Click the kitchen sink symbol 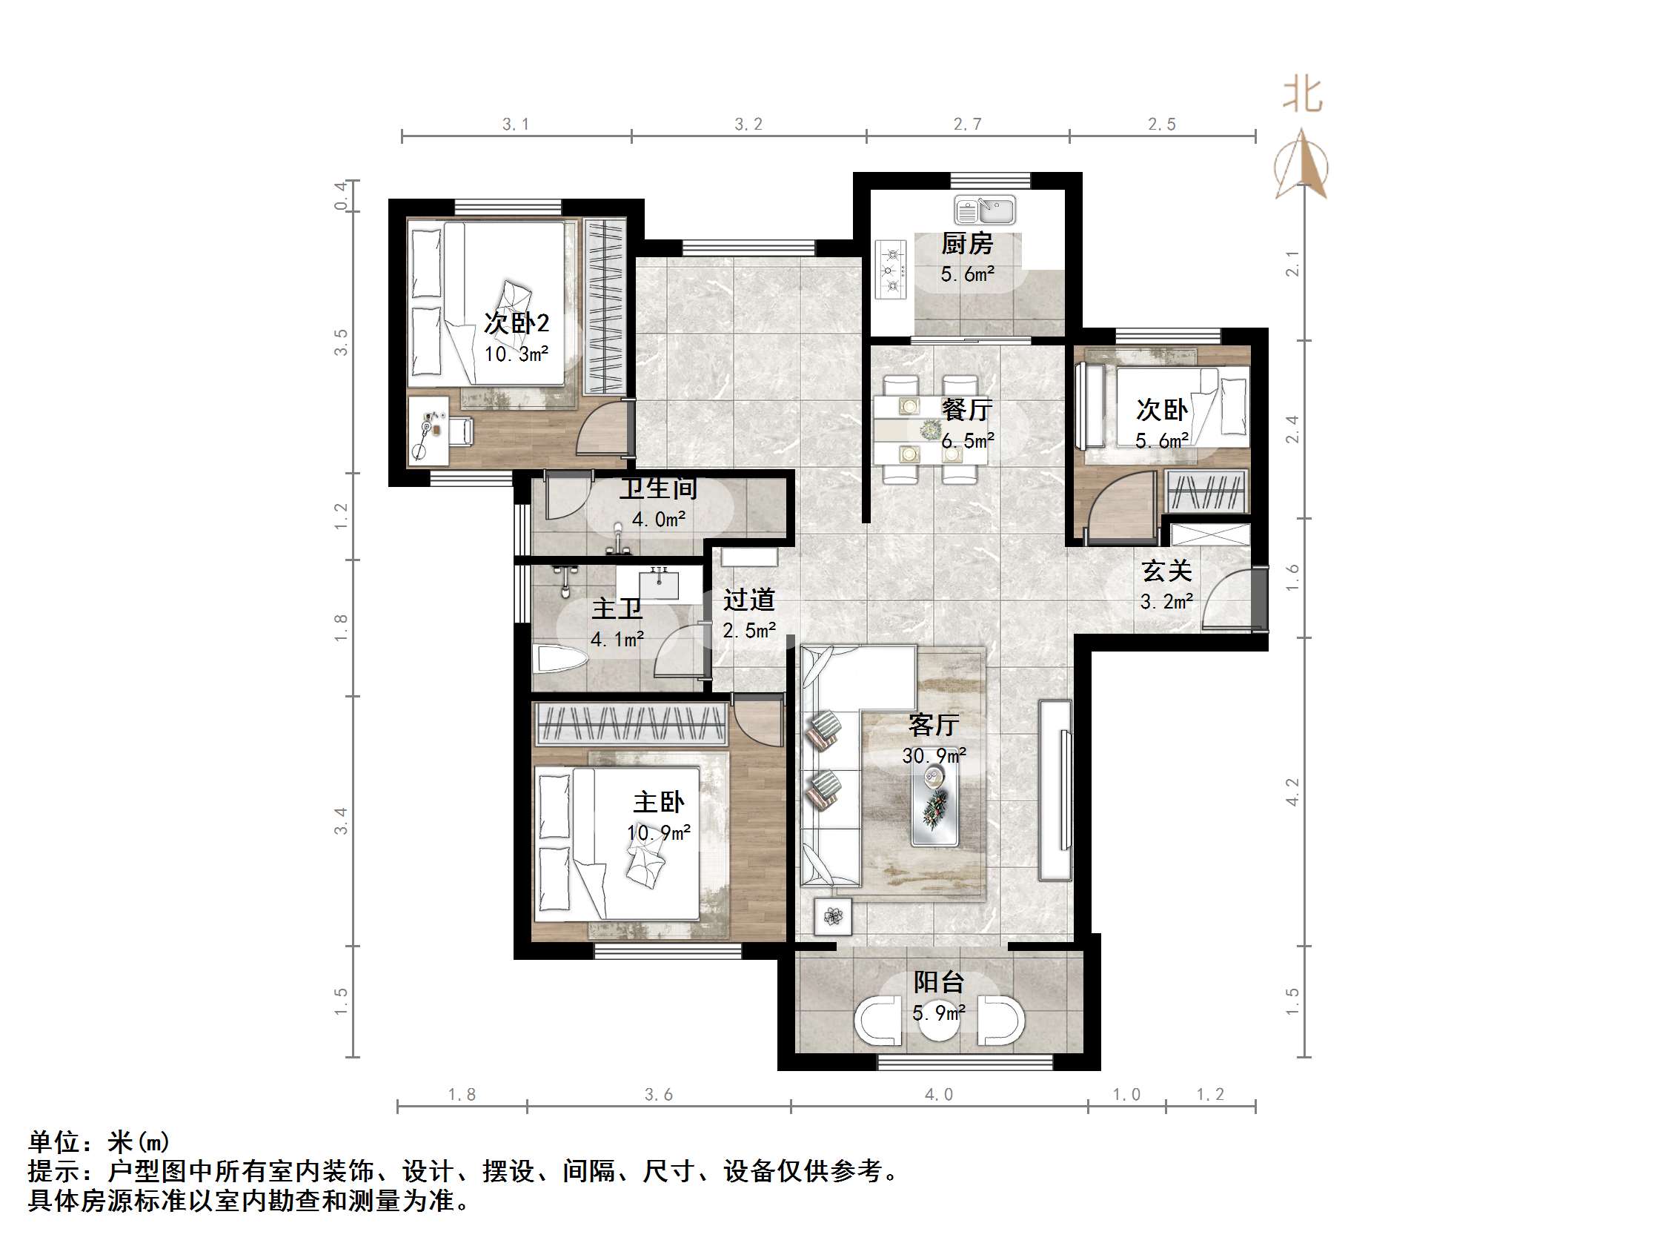984,211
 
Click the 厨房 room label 967,244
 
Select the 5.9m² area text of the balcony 939,1013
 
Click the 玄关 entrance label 1166,571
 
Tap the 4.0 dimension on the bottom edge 939,1095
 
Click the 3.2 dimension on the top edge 748,125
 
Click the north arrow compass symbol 1302,166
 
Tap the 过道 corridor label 748,600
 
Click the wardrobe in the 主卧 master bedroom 631,723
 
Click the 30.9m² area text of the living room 934,755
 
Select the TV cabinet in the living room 1055,789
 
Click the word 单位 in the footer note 55,1143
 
